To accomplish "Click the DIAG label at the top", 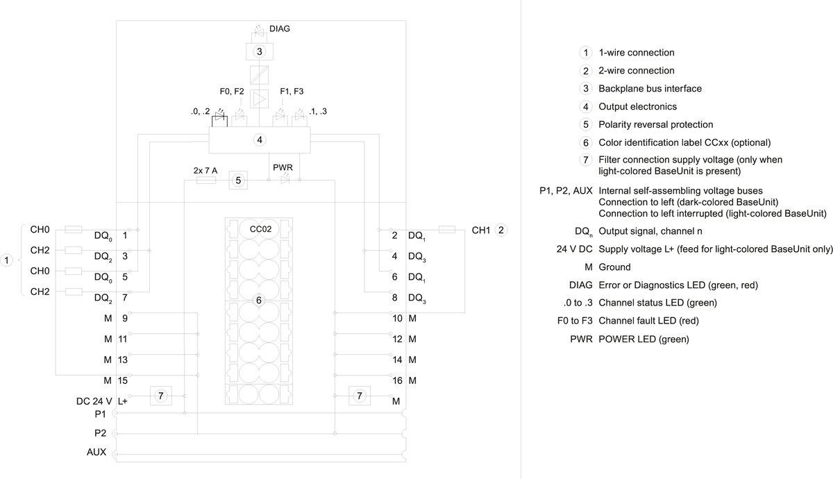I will click(279, 29).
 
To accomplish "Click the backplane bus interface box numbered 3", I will click(259, 51).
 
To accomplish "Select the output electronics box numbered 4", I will click(260, 140).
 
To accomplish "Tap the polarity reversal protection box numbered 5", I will click(238, 180).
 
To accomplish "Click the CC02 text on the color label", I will click(260, 228).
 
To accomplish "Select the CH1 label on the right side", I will click(482, 230).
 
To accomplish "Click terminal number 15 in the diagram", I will click(122, 380).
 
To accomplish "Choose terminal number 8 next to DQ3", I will click(395, 298).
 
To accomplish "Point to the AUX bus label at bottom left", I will click(96, 453).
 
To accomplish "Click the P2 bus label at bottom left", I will click(100, 432).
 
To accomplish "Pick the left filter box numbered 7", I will click(160, 396).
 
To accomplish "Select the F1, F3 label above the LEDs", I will click(292, 91).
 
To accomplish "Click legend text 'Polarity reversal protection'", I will click(655, 125).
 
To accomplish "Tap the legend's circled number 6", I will click(586, 143).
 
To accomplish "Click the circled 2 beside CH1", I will click(503, 230).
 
